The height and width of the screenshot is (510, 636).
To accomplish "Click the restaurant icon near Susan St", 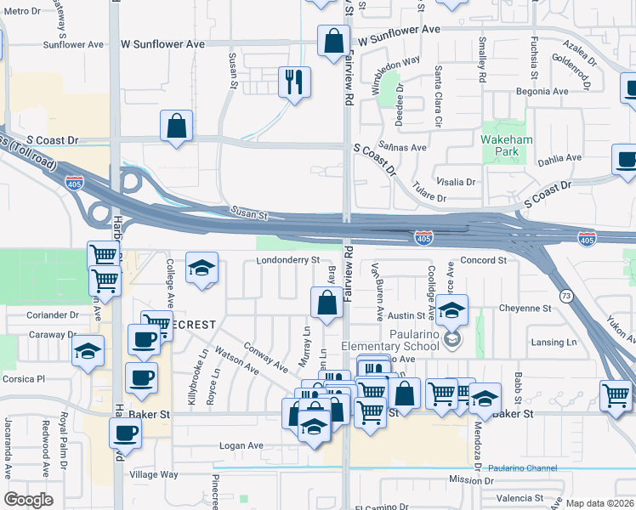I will pos(294,82).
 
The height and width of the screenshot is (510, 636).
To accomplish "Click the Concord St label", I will pos(483,260).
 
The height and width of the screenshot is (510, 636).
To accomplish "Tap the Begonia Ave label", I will pos(548,91).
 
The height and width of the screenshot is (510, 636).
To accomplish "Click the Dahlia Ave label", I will pos(560,157).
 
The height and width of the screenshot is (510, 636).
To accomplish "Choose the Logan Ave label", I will pos(241,445).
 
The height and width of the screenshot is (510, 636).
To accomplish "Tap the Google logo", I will pos(29,499).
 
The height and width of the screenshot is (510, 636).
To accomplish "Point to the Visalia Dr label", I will pos(455,182).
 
